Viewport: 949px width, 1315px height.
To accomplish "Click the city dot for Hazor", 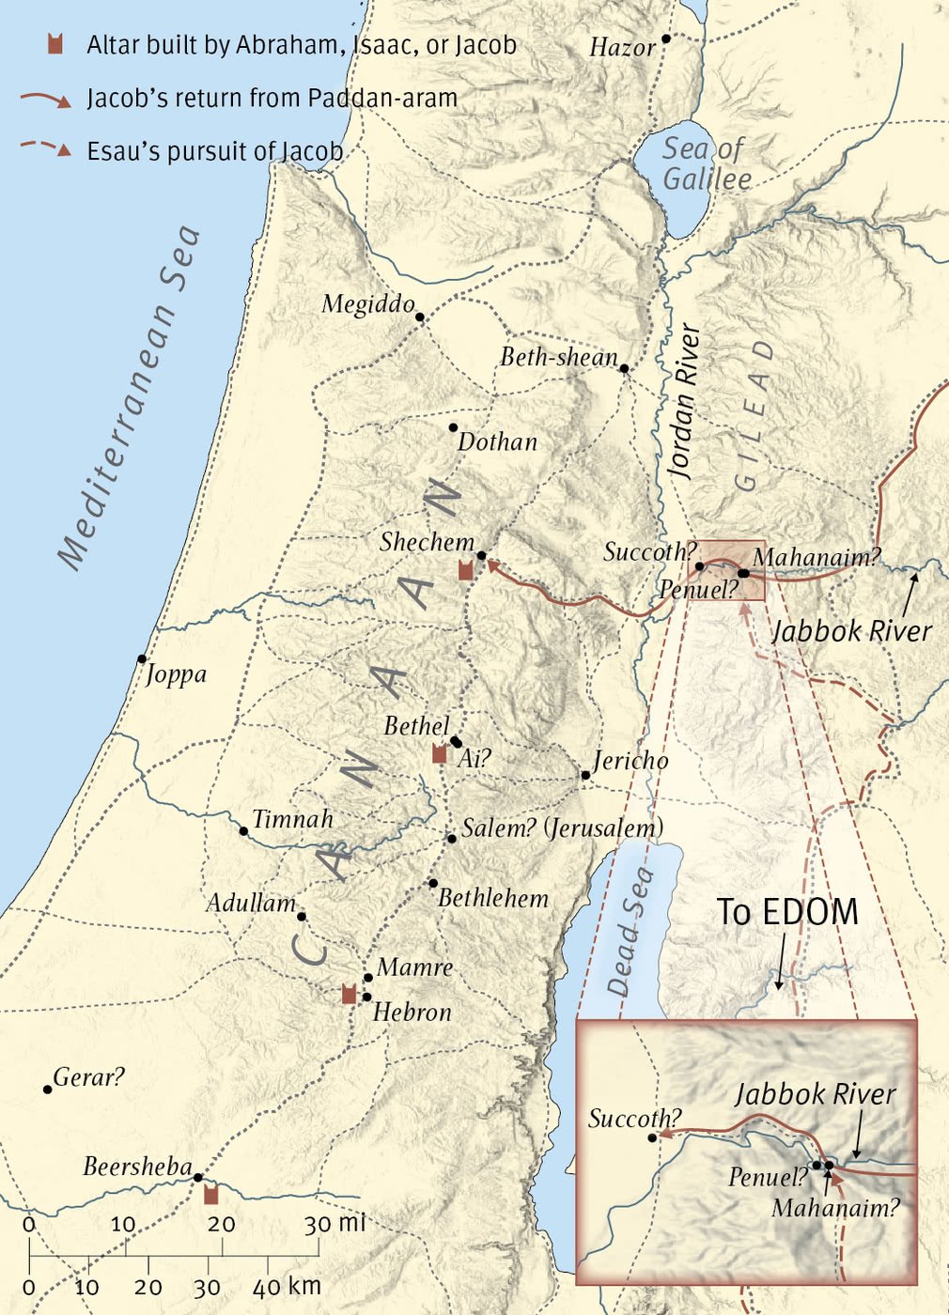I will (666, 39).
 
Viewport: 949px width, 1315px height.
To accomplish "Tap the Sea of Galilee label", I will (706, 163).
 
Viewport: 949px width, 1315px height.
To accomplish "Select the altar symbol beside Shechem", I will (465, 569).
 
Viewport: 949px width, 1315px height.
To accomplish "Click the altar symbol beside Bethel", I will (439, 752).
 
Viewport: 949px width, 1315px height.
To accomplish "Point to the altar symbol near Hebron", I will (349, 994).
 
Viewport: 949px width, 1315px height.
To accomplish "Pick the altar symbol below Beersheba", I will (211, 1194).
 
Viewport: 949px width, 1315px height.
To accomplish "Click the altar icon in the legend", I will (55, 43).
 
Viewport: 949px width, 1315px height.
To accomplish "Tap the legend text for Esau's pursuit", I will (215, 151).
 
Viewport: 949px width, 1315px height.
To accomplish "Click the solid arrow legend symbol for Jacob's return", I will (46, 99).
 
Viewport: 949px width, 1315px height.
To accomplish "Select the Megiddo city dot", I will (420, 317).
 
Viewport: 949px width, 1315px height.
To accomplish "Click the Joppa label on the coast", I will (177, 673).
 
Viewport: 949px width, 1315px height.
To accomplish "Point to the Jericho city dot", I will (585, 775).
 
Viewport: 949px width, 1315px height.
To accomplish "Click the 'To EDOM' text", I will (787, 912).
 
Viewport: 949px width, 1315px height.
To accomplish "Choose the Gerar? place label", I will (88, 1077).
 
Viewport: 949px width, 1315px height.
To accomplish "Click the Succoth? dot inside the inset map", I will (652, 1137).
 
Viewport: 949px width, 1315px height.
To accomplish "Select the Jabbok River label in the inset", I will (815, 1094).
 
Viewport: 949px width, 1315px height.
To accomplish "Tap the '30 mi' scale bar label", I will (334, 1223).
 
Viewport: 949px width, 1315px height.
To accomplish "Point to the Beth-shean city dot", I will (624, 368).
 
